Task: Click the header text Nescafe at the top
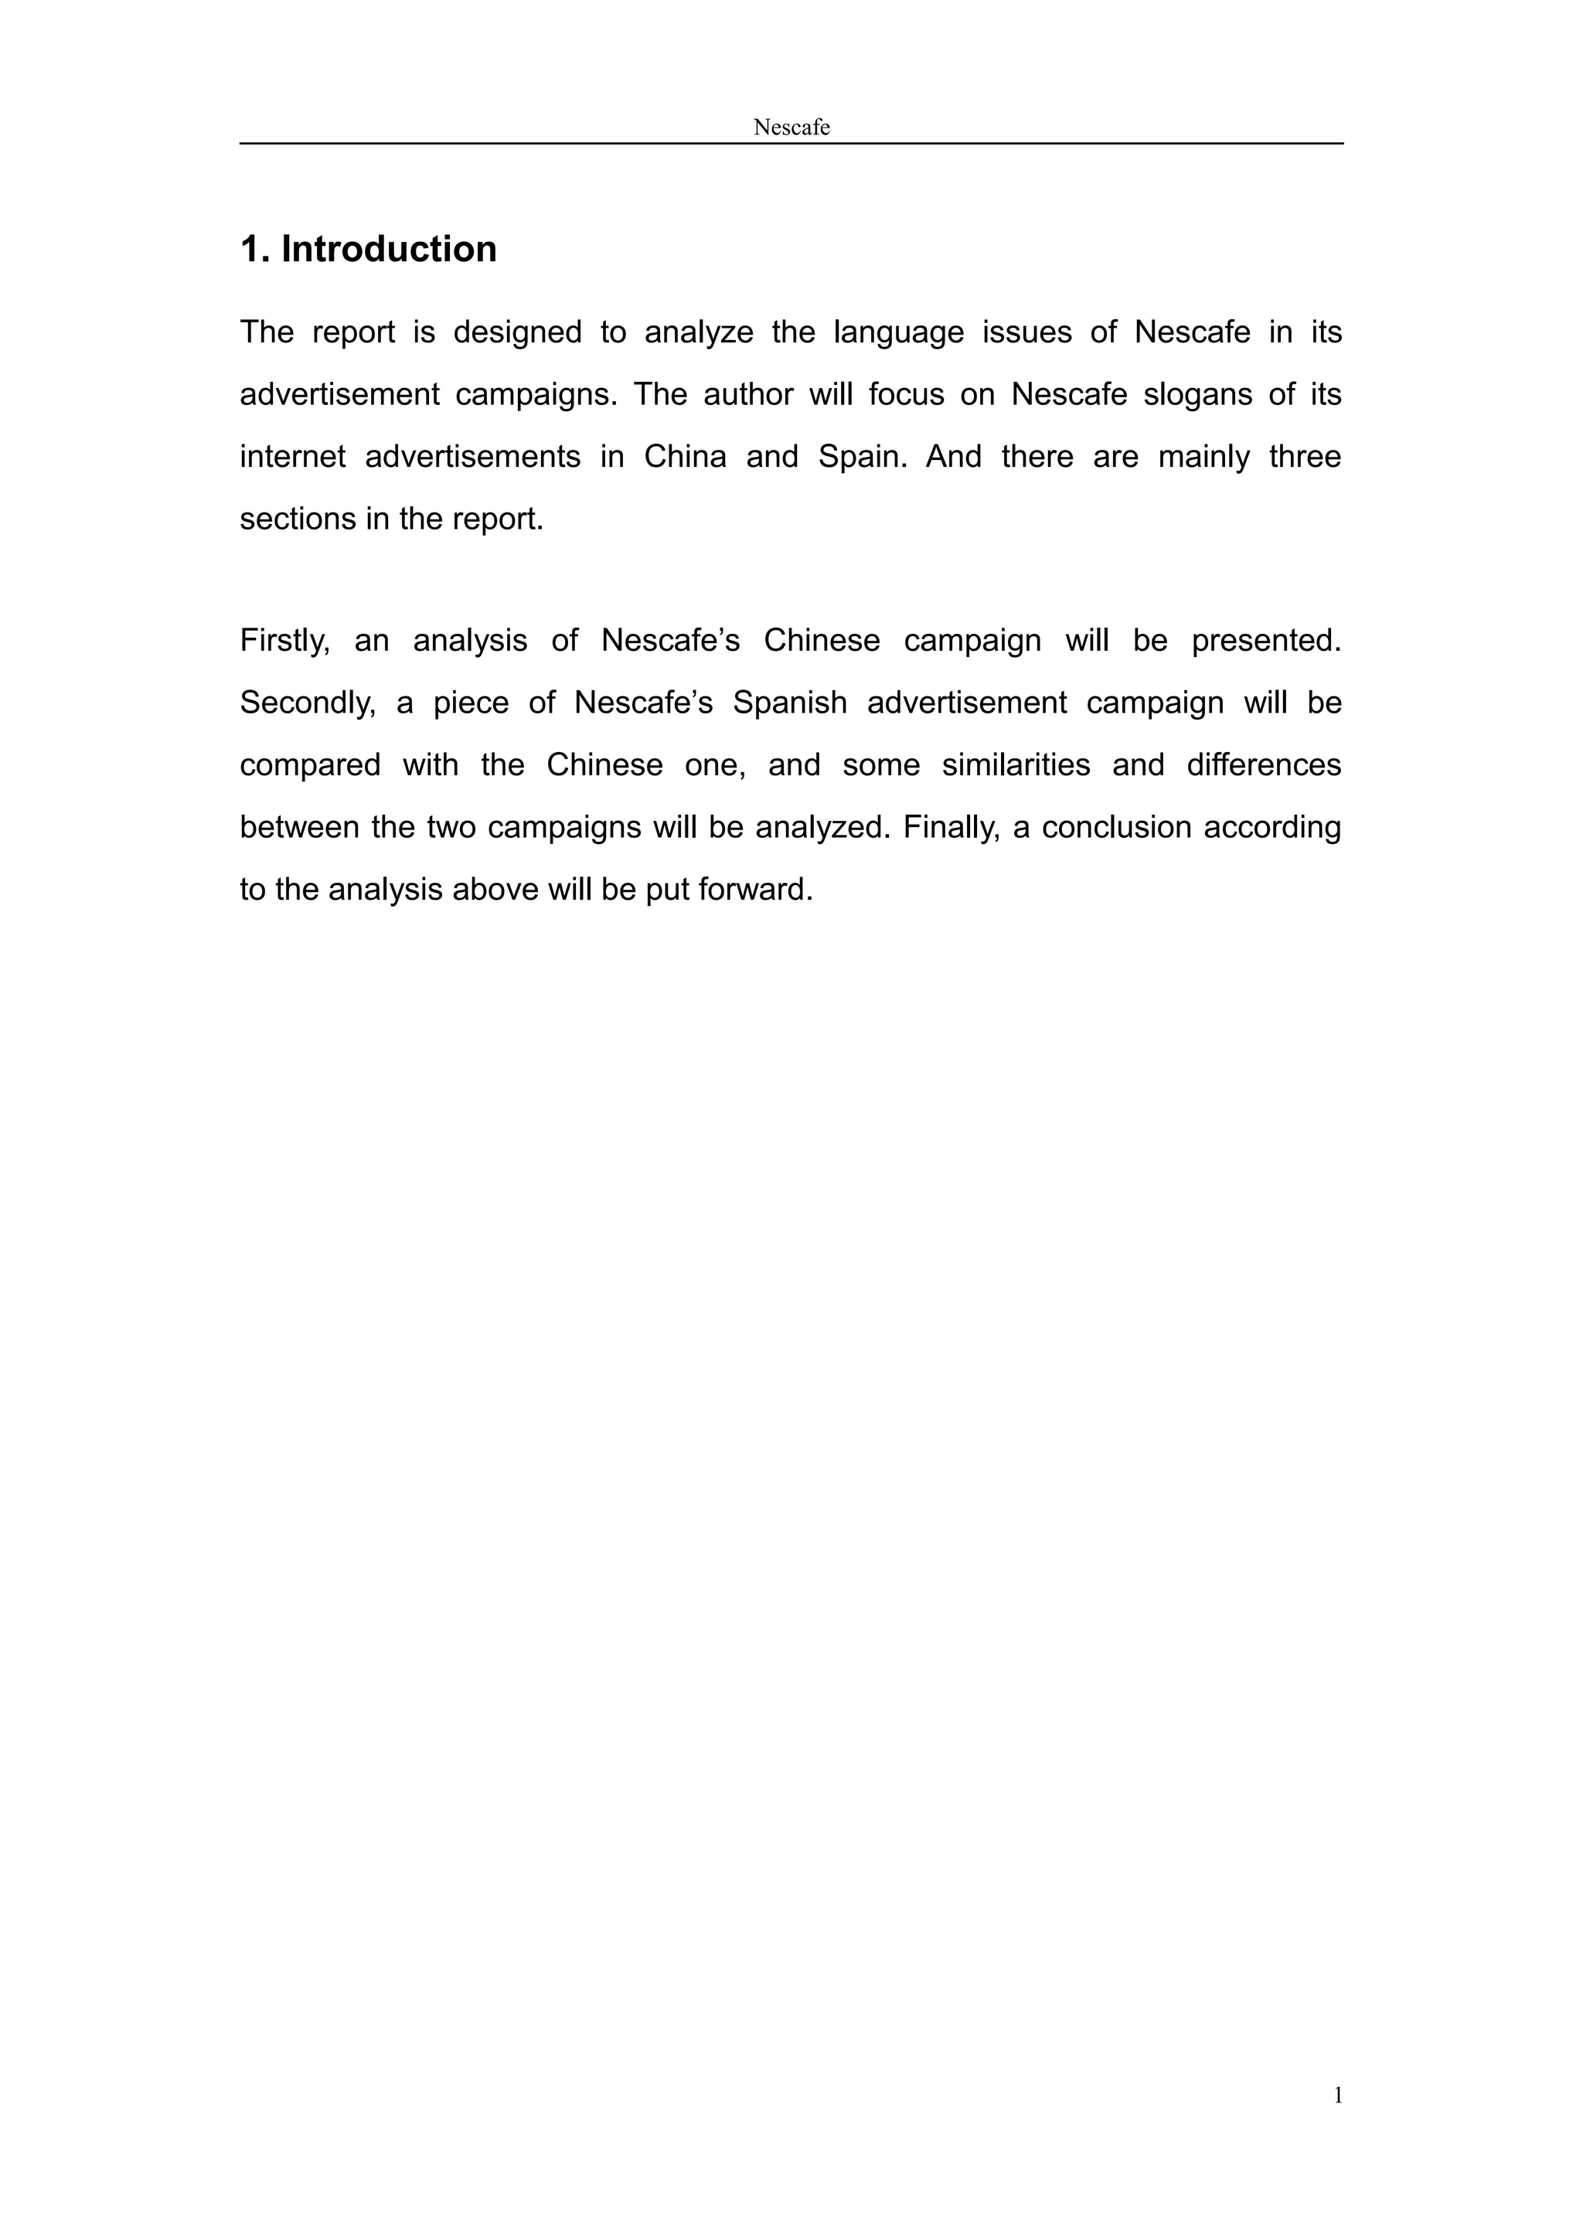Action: click(x=791, y=127)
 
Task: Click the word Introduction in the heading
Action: click(x=388, y=249)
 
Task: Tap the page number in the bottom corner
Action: click(x=1338, y=2095)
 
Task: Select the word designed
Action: click(x=517, y=332)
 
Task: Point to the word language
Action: click(x=897, y=332)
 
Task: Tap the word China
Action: click(x=685, y=457)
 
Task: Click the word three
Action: click(x=1304, y=457)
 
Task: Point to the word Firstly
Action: click(x=284, y=641)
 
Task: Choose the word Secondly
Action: click(x=307, y=703)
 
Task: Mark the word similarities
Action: click(x=1016, y=765)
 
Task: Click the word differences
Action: click(x=1263, y=765)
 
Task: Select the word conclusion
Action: click(x=1112, y=827)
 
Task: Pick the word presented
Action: click(x=1266, y=641)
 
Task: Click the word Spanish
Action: click(x=789, y=703)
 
